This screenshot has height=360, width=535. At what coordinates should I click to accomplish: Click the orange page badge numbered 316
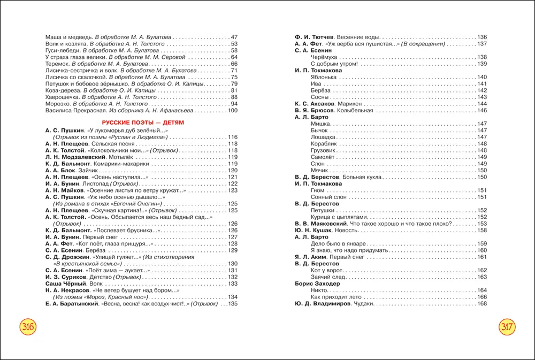point(27,327)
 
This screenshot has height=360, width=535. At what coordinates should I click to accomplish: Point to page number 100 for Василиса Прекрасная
point(232,111)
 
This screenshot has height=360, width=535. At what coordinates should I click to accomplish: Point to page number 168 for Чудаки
point(481,304)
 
